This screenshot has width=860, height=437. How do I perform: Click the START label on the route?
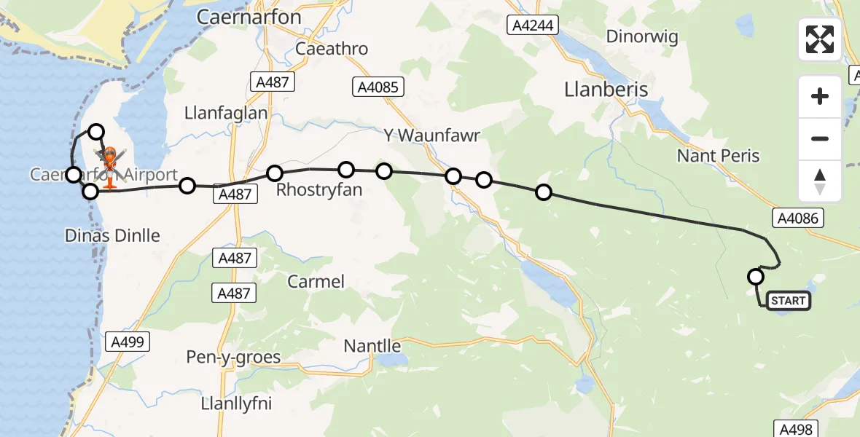click(x=788, y=301)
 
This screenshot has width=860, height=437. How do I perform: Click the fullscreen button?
click(x=820, y=39)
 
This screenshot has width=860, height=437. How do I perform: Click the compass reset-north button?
click(x=820, y=181)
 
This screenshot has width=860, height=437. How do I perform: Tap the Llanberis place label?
click(x=606, y=89)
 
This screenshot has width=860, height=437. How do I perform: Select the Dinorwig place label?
click(x=642, y=36)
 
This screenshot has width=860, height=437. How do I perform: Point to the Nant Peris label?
click(x=718, y=156)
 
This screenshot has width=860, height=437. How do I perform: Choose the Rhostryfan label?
click(x=319, y=192)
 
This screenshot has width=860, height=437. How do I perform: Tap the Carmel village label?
click(x=316, y=281)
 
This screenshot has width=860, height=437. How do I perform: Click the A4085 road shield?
click(x=377, y=87)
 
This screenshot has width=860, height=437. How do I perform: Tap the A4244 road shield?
click(x=532, y=25)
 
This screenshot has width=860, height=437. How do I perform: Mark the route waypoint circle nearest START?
click(x=756, y=277)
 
